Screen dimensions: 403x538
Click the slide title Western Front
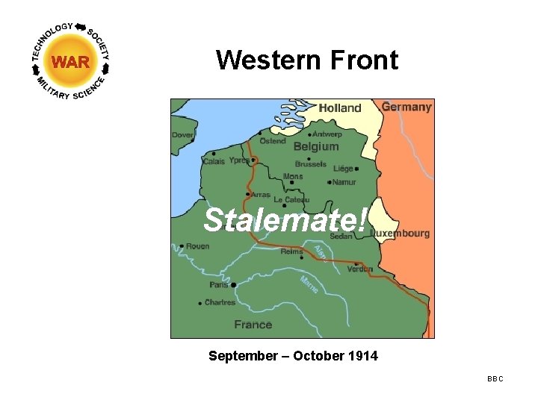[307, 60]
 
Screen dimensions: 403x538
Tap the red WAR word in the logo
[70, 62]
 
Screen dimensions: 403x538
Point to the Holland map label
[339, 108]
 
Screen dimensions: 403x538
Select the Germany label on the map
[406, 107]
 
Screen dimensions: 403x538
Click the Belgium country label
[315, 146]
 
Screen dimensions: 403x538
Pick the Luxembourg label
[401, 233]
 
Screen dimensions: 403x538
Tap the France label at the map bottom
[253, 324]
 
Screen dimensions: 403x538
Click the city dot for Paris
[234, 284]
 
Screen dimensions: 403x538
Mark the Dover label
[182, 135]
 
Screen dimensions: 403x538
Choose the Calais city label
[213, 161]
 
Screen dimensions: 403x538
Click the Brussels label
[310, 163]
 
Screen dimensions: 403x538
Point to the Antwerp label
[327, 134]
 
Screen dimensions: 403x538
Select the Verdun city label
[359, 269]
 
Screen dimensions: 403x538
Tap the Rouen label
[197, 246]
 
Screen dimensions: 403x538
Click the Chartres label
[220, 302]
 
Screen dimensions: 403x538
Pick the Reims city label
[291, 252]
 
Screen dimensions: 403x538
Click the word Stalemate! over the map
[285, 219]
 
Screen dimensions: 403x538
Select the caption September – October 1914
[293, 356]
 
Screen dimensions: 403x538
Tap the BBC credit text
[495, 379]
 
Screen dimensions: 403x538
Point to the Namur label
[344, 181]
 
